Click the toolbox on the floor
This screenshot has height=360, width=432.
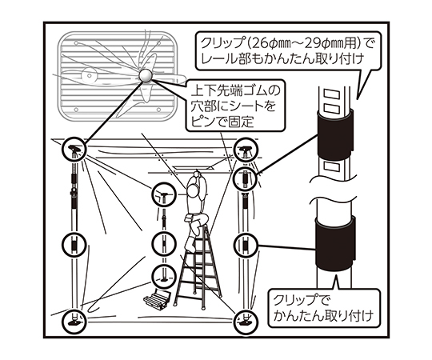158,300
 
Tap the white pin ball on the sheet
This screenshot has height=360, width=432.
145,75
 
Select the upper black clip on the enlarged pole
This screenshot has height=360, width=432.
334,135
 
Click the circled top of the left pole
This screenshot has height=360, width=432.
74,149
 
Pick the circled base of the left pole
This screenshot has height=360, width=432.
74,321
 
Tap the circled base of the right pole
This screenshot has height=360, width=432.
246,322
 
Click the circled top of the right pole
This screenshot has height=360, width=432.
246,150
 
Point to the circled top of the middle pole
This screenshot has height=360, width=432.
164,194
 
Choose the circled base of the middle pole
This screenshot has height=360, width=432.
164,277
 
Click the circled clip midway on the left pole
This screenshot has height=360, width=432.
74,245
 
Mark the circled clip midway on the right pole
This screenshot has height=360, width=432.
246,245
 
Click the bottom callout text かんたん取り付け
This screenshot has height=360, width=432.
323,315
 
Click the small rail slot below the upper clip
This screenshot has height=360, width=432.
334,166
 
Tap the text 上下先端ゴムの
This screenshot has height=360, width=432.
235,91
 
